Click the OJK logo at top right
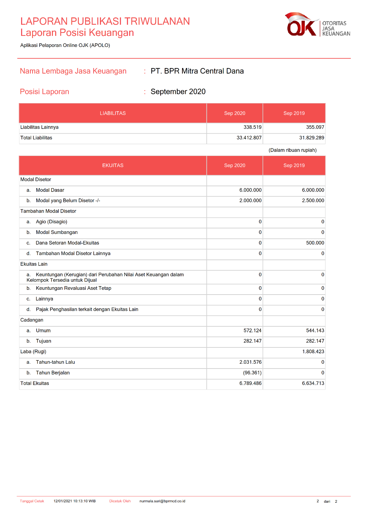[x=317, y=25]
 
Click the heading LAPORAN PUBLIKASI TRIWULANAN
[x=105, y=21]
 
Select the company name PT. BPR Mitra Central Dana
[x=197, y=71]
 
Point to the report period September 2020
[x=178, y=92]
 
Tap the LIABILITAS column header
[x=113, y=113]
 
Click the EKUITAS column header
[x=113, y=166]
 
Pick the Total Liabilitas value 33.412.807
[x=249, y=138]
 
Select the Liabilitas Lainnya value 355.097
[x=315, y=127]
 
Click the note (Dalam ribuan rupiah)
[x=293, y=150]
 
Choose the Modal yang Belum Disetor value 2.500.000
[x=313, y=201]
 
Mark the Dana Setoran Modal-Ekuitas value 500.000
[x=315, y=243]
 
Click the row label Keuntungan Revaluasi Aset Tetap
[x=73, y=288]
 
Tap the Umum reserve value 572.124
[x=252, y=330]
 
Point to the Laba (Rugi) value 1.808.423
[x=313, y=352]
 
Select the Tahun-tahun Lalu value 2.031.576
[x=250, y=362]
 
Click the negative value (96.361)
[x=252, y=373]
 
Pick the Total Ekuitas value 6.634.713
[x=313, y=383]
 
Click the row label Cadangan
[x=32, y=320]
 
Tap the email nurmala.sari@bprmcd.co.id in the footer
[x=162, y=501]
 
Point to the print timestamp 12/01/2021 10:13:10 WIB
[x=74, y=501]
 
